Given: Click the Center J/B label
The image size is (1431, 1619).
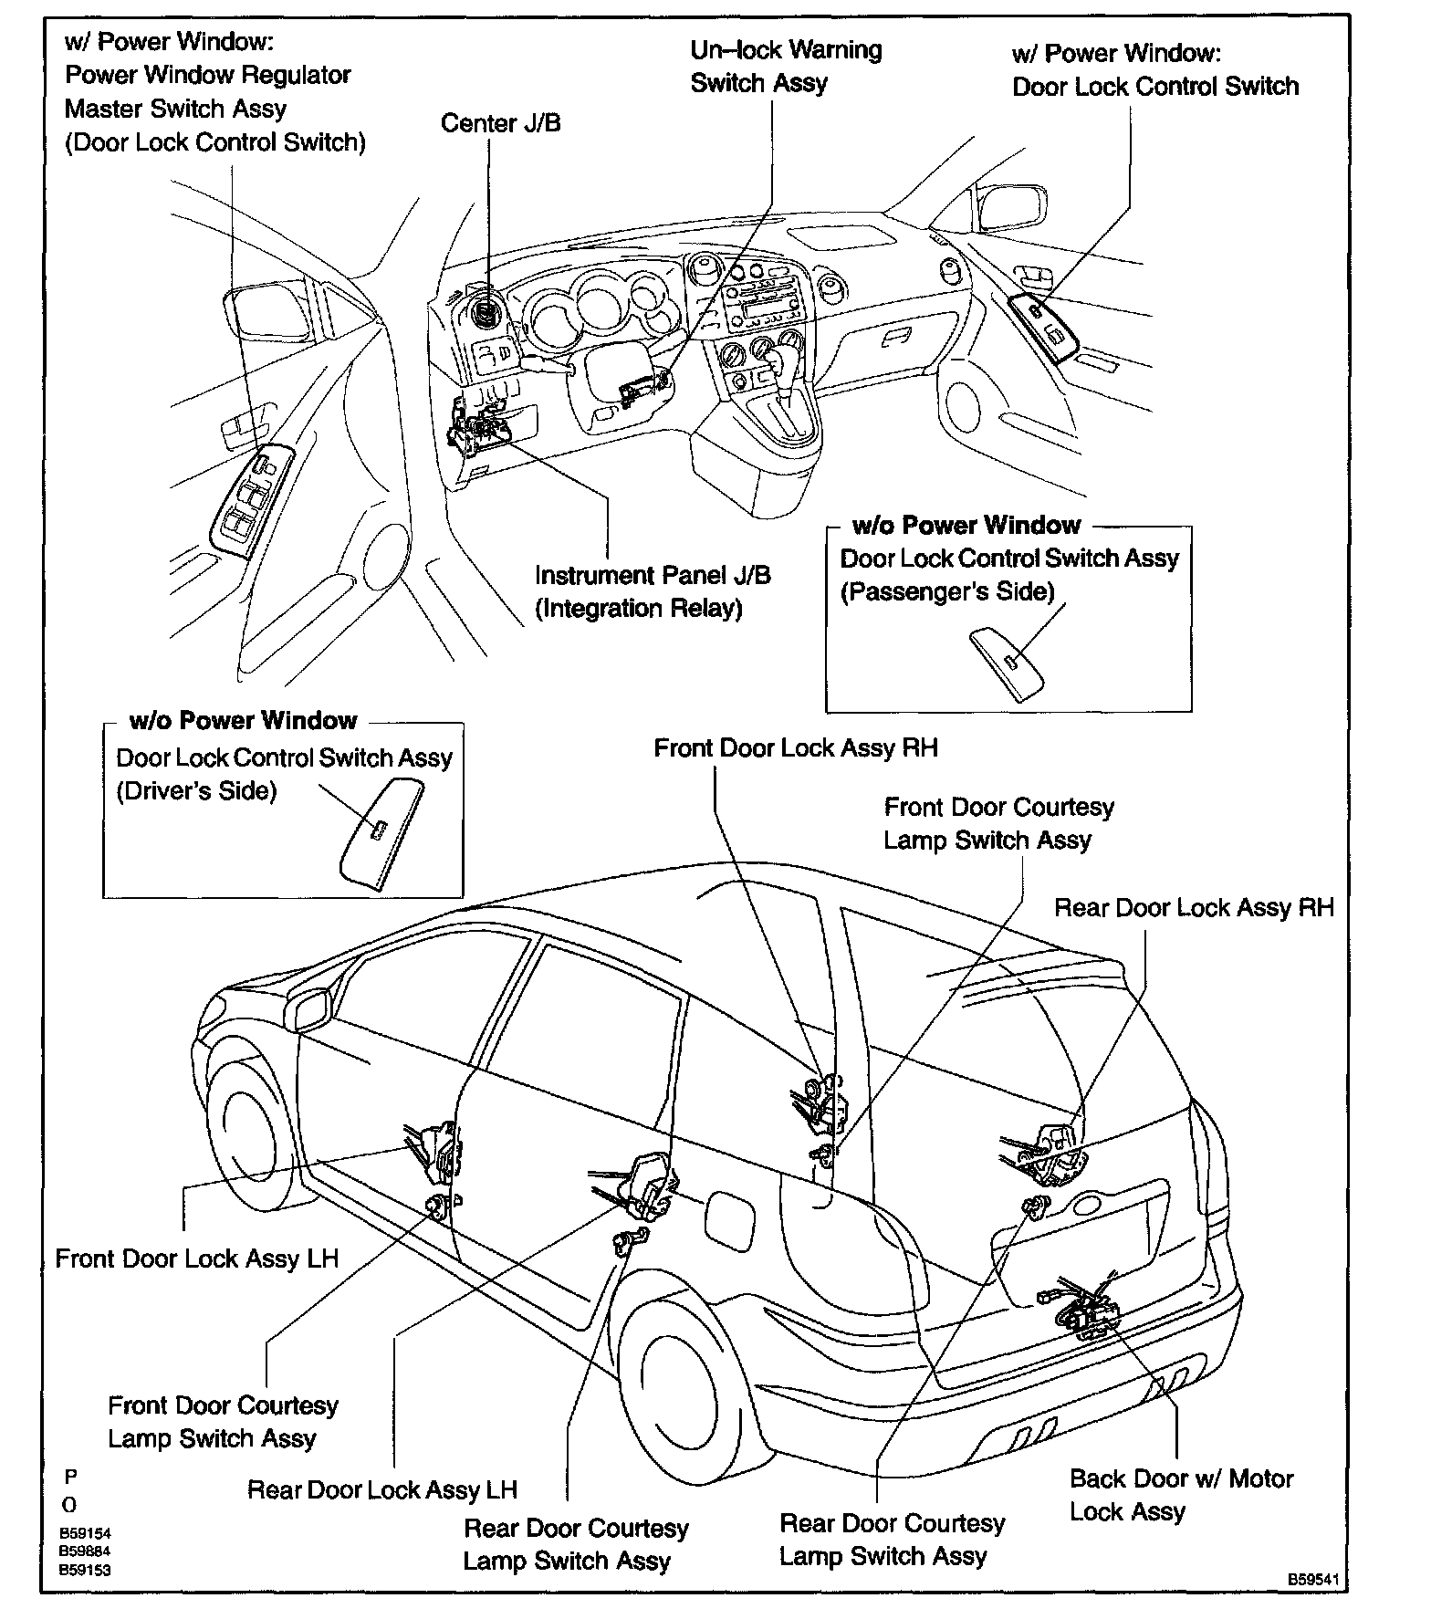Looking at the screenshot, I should click(x=500, y=123).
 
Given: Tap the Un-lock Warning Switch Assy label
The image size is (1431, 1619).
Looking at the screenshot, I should click(x=785, y=66).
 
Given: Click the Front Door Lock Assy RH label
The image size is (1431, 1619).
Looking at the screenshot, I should click(x=795, y=748).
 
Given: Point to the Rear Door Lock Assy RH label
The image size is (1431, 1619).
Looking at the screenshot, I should click(x=1193, y=907).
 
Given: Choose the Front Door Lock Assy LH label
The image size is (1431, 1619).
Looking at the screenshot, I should click(x=196, y=1259).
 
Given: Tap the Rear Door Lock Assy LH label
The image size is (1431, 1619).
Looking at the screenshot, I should click(x=381, y=1489).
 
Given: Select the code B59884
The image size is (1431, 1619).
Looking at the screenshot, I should click(x=85, y=1551).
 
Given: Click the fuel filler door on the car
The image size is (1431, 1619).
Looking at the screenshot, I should click(x=729, y=1215).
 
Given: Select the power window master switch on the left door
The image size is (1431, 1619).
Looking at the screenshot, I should click(x=251, y=497).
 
